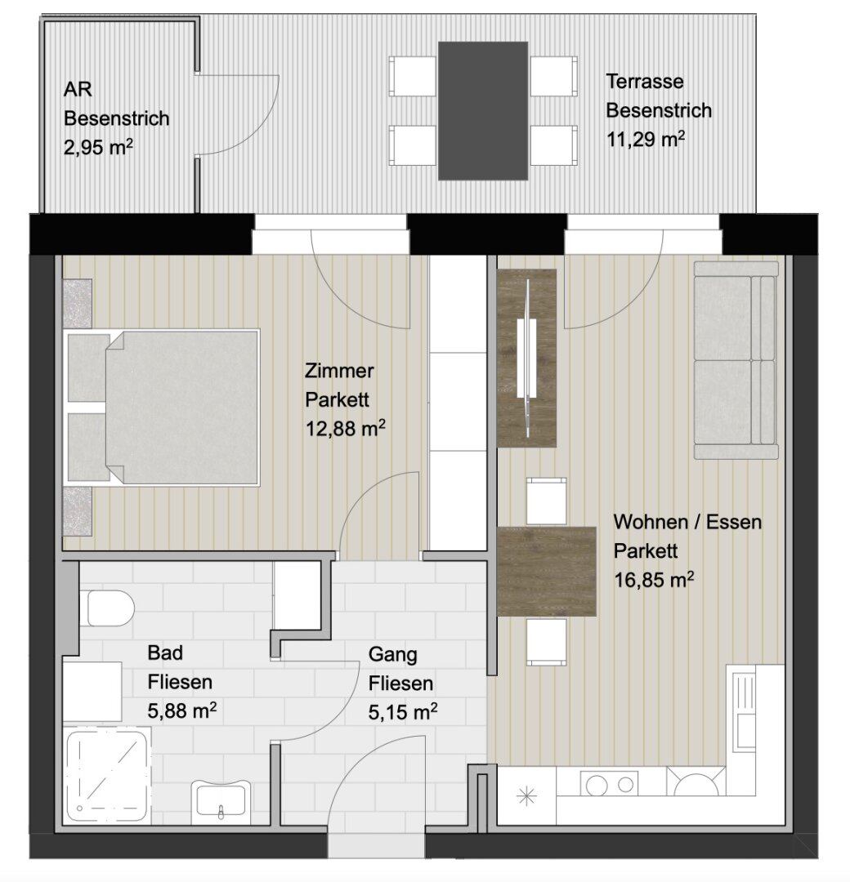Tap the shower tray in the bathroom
point(108,777)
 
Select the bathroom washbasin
point(221,799)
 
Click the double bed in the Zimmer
point(163,408)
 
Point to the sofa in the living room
point(736,360)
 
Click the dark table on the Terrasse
point(483,111)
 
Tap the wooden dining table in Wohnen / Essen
point(547,571)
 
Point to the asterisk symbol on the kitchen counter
point(526,796)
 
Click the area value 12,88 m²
point(345,429)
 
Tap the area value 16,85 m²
point(654,579)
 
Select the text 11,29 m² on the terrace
point(645,138)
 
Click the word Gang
point(393,655)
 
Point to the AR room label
point(78,90)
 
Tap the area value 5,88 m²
point(181,710)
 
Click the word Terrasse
point(645,82)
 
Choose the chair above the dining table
point(546,501)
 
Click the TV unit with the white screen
point(527,359)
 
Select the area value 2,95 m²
point(99,147)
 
